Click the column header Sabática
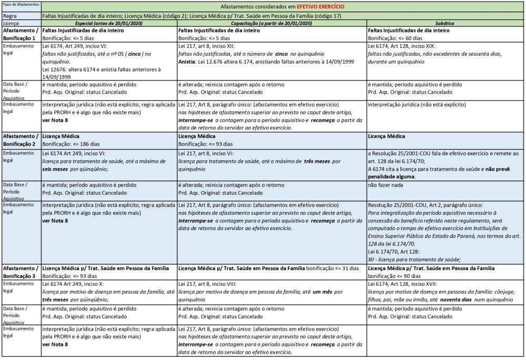[445, 24]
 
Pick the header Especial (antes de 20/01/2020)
[109, 24]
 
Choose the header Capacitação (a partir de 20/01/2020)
[271, 24]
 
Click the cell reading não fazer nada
[386, 185]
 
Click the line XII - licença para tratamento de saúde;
[414, 259]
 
